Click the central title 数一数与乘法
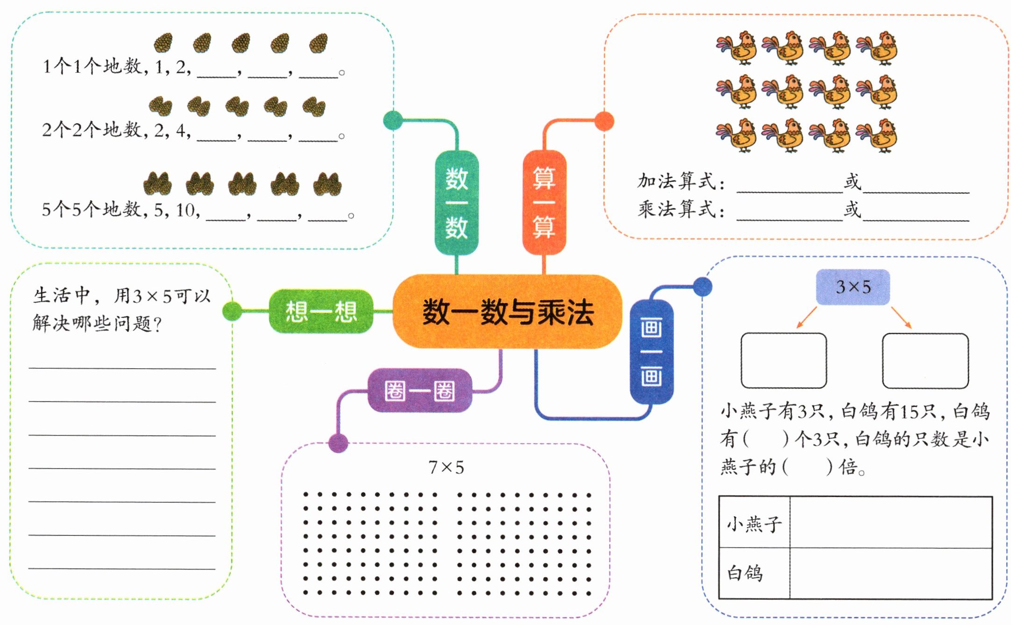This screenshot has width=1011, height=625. click(508, 312)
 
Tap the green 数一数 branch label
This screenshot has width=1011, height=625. click(456, 203)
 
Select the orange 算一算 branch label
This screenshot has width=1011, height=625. click(544, 203)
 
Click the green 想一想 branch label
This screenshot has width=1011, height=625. click(321, 311)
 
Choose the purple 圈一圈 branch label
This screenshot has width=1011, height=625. click(419, 391)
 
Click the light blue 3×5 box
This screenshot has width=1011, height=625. click(853, 287)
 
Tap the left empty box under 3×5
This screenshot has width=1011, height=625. click(784, 360)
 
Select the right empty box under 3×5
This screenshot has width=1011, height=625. click(925, 360)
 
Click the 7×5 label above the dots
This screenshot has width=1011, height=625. click(446, 467)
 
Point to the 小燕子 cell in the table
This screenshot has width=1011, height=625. click(754, 523)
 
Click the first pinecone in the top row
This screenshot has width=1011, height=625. click(163, 43)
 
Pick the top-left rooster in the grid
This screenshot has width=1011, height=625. click(737, 48)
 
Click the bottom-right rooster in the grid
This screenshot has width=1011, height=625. click(877, 135)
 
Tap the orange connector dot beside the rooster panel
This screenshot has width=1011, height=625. click(604, 121)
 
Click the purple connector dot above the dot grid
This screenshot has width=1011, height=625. click(338, 442)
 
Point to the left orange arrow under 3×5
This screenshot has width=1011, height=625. click(806, 317)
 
